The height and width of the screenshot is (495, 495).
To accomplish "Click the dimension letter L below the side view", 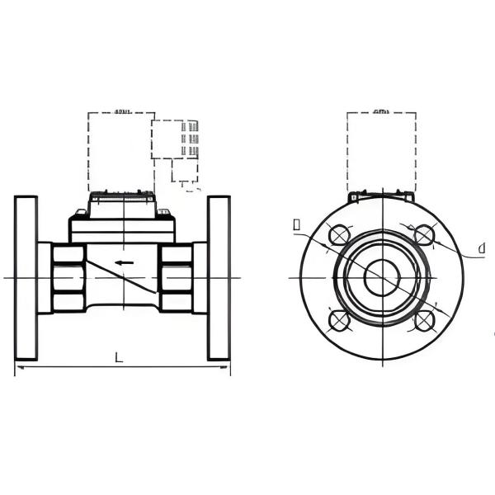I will click(x=119, y=357).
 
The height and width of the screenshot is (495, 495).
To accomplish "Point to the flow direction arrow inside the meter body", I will click(x=124, y=263).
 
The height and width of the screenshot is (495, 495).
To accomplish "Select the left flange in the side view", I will click(x=26, y=278).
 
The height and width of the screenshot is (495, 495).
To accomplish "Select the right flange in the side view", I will click(x=219, y=278).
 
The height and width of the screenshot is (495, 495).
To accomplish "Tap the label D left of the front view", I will click(x=296, y=224).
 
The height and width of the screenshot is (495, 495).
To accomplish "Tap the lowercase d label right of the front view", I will click(x=479, y=248).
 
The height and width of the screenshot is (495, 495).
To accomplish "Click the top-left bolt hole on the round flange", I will click(x=339, y=236).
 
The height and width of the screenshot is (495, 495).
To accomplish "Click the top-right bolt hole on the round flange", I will click(x=424, y=236).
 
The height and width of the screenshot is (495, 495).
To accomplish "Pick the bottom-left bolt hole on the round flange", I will click(x=339, y=320).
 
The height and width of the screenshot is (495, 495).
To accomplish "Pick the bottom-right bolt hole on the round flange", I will click(x=424, y=320).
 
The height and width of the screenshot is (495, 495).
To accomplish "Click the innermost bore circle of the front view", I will click(x=381, y=277).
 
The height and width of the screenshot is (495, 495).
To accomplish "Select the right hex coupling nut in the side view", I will click(x=175, y=278).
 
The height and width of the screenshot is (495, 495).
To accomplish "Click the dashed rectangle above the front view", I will click(x=381, y=152).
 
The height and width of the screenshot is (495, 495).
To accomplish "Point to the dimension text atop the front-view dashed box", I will click(x=381, y=110).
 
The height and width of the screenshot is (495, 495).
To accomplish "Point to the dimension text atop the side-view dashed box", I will click(x=123, y=110).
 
